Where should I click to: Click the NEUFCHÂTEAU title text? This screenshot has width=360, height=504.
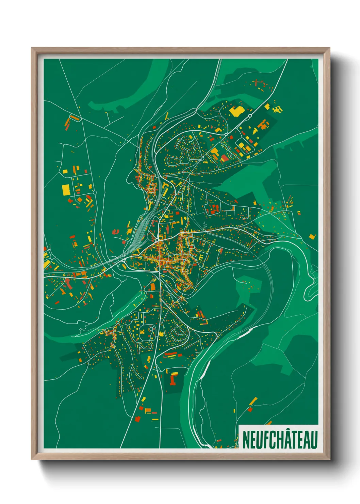(280, 439)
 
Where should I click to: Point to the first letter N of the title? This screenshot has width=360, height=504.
(246, 440)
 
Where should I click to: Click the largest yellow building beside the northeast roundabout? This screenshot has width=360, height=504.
(235, 111)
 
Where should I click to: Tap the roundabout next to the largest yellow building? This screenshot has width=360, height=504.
(250, 116)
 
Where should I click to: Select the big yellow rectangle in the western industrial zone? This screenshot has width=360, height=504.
(66, 190)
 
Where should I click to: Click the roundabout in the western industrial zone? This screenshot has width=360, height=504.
(95, 192)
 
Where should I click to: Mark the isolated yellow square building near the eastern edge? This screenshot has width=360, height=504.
(312, 236)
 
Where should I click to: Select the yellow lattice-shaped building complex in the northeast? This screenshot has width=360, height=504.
(278, 109)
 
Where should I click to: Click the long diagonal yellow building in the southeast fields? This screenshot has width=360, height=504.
(253, 401)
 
